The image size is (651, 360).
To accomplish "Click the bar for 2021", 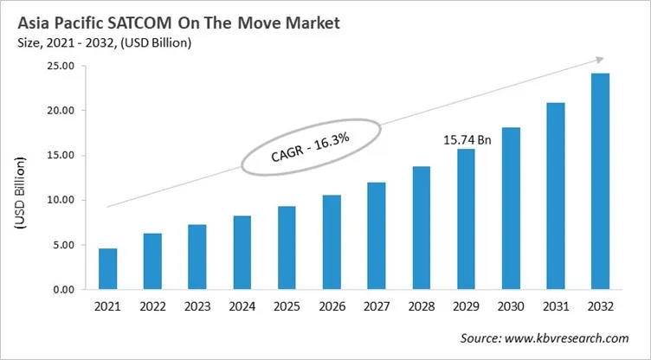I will click(107, 269).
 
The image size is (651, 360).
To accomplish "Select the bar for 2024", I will click(242, 253).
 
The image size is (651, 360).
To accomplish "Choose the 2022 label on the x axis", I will click(152, 308).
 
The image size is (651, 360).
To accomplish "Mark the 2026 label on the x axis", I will click(332, 308).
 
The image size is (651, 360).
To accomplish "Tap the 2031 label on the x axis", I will click(556, 308).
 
